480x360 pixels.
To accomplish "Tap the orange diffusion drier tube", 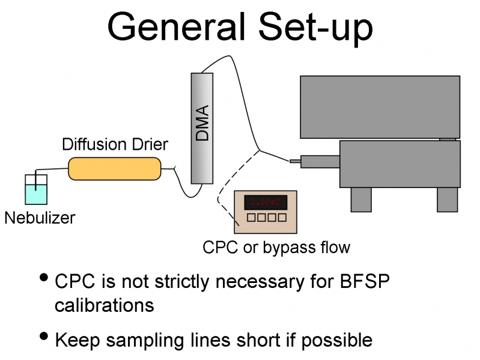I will click(x=115, y=168).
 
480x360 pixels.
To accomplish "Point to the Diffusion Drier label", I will click(x=115, y=145).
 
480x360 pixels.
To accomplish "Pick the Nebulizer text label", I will click(x=40, y=217).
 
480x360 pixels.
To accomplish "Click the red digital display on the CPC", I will click(x=266, y=202).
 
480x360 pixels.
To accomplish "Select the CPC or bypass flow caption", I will click(x=276, y=247).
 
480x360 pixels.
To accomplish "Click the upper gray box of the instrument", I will click(x=380, y=106).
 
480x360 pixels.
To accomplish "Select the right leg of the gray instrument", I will click(x=447, y=199).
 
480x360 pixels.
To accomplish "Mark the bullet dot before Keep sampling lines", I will click(x=44, y=337).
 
